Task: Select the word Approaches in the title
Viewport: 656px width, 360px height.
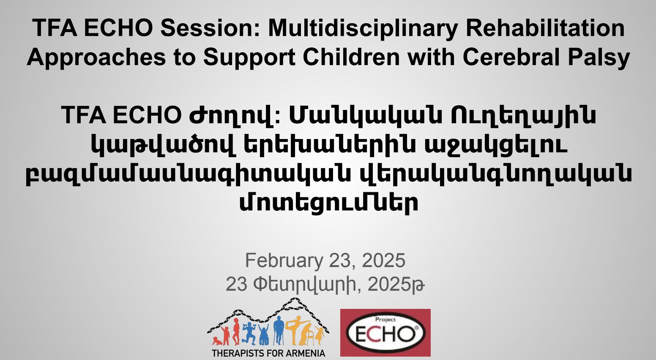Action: click(96, 57)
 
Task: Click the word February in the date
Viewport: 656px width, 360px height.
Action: click(284, 260)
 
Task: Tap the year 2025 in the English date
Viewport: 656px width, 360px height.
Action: click(384, 260)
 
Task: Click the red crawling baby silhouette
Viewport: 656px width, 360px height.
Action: click(217, 341)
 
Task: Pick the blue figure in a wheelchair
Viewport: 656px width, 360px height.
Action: click(264, 335)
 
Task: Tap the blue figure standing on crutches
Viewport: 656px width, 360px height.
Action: click(279, 330)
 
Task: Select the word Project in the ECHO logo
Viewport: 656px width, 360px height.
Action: click(385, 319)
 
